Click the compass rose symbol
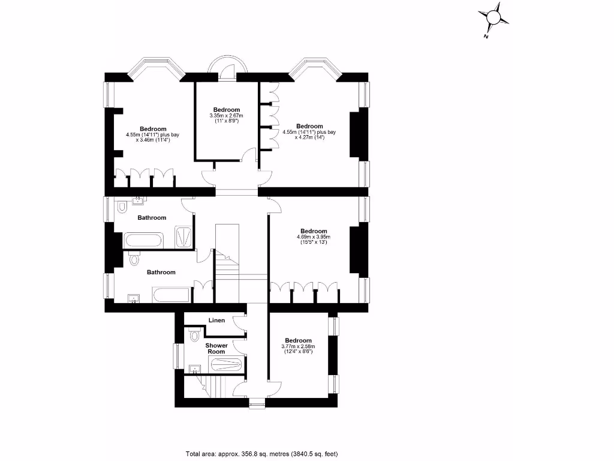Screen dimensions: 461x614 493,17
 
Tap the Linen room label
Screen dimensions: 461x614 216,320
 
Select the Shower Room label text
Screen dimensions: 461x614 216,348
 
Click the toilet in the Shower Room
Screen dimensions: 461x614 193,336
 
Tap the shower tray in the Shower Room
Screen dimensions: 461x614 226,364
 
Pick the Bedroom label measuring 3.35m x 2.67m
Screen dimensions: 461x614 226,109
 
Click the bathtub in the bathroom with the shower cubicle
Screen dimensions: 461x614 143,241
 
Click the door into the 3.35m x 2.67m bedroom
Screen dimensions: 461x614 247,158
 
